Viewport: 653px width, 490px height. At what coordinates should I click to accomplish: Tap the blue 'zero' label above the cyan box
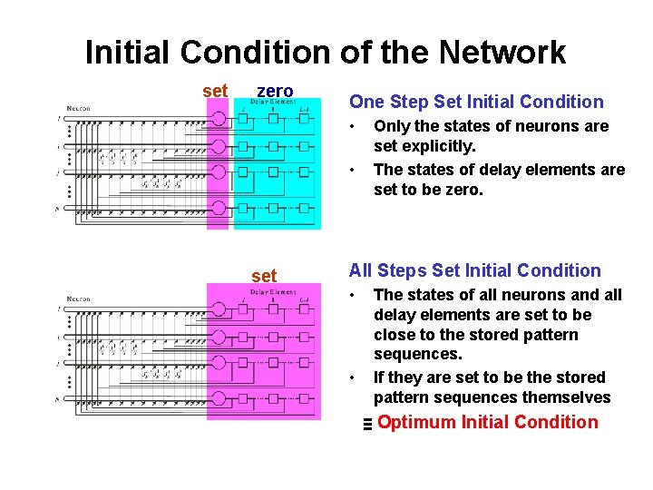coord(275,91)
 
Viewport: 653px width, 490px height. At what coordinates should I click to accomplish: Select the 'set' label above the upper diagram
coord(216,91)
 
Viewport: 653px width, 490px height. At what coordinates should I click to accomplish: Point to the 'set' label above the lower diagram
coord(264,275)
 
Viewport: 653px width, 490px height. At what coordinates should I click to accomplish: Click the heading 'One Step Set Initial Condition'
coord(476,102)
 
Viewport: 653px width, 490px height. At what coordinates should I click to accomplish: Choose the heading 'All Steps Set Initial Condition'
coord(475,270)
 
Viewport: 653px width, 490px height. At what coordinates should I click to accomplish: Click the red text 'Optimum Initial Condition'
coord(488,422)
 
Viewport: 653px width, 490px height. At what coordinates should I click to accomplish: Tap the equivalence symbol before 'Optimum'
coord(366,424)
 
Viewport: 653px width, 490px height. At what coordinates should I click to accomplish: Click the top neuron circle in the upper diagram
coord(219,120)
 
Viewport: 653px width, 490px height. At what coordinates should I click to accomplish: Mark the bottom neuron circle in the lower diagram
coord(219,397)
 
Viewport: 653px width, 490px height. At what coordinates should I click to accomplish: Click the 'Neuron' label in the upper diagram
coord(77,109)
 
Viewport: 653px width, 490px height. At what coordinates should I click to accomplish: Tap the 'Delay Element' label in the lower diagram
coord(273,292)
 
